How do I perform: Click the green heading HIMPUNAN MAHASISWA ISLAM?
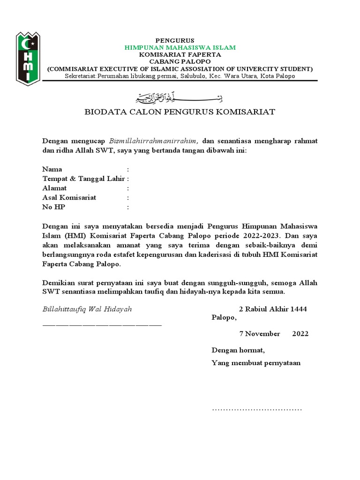[180, 47]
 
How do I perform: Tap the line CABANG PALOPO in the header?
[180, 61]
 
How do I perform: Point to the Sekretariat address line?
[180, 76]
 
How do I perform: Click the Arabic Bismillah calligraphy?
[180, 98]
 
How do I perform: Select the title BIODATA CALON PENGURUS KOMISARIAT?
[180, 112]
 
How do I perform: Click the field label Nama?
[52, 169]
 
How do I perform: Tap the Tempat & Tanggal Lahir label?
[83, 179]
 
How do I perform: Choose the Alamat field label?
[54, 188]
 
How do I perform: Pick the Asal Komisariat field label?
[69, 197]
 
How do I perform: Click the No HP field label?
[53, 207]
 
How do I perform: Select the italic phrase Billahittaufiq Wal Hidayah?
[87, 309]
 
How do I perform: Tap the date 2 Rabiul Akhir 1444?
[273, 309]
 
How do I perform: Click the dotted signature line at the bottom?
[257, 409]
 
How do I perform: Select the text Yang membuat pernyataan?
[256, 363]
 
